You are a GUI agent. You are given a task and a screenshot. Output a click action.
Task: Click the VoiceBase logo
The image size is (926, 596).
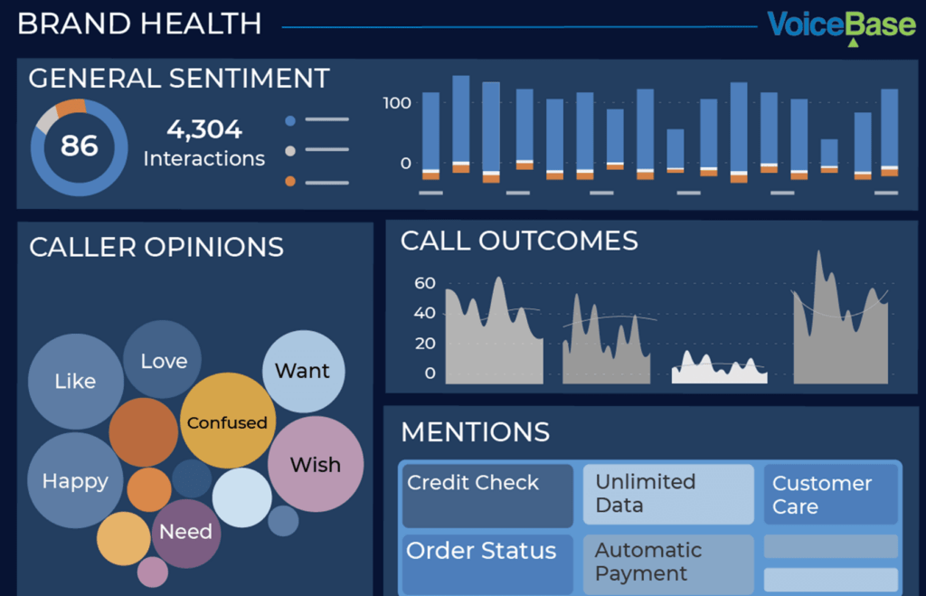point(841,26)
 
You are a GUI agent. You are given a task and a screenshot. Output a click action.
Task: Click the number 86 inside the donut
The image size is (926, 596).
point(80,146)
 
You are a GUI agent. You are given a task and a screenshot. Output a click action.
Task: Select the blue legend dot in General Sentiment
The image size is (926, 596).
point(290,120)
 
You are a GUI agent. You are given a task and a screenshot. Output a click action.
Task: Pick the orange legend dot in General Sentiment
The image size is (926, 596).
point(290,182)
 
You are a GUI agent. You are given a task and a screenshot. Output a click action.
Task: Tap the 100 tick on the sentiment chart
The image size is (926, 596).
point(397,103)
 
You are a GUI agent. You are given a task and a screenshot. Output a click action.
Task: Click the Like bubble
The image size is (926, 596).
point(75,382)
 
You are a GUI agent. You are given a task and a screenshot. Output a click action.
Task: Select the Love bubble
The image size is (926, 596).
point(164,361)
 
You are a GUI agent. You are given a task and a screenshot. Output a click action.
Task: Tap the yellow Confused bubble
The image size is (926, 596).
point(226,422)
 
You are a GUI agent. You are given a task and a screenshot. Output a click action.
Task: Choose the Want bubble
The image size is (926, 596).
point(303,371)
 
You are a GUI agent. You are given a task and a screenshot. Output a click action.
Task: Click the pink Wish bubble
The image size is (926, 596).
point(316,465)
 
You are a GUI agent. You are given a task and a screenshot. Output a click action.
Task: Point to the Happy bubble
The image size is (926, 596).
point(75,481)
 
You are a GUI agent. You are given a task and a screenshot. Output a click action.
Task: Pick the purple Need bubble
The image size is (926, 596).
point(186,533)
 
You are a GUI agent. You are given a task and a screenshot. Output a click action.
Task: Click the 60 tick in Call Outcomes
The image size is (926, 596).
point(425,284)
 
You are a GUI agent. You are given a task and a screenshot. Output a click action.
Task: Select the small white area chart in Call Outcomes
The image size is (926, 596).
point(720,370)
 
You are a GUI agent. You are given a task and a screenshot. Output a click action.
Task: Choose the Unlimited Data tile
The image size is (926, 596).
point(667,494)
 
